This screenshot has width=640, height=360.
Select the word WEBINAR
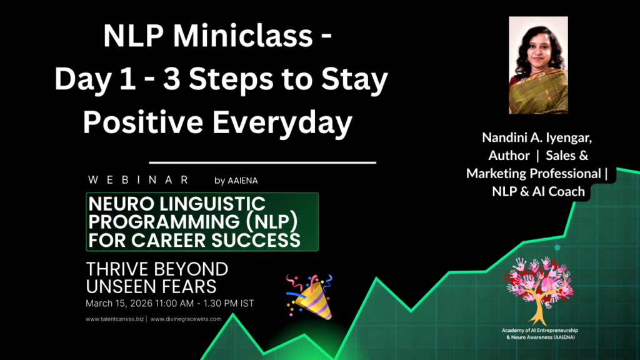click(139, 180)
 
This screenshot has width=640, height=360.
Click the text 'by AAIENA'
click(236, 181)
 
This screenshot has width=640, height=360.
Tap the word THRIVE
click(118, 269)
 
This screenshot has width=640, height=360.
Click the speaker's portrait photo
click(538, 65)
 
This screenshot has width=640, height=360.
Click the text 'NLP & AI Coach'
click(538, 191)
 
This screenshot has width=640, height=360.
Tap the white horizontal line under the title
click(262, 162)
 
